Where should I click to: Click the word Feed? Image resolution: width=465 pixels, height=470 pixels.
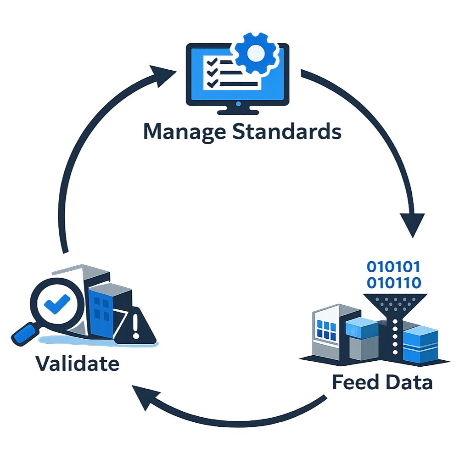[x=355, y=382]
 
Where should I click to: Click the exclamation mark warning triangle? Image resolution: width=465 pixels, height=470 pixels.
[x=135, y=329]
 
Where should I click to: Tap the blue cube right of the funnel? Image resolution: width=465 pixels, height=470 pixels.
[x=420, y=344]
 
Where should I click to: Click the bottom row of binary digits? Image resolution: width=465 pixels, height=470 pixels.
[x=393, y=282]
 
